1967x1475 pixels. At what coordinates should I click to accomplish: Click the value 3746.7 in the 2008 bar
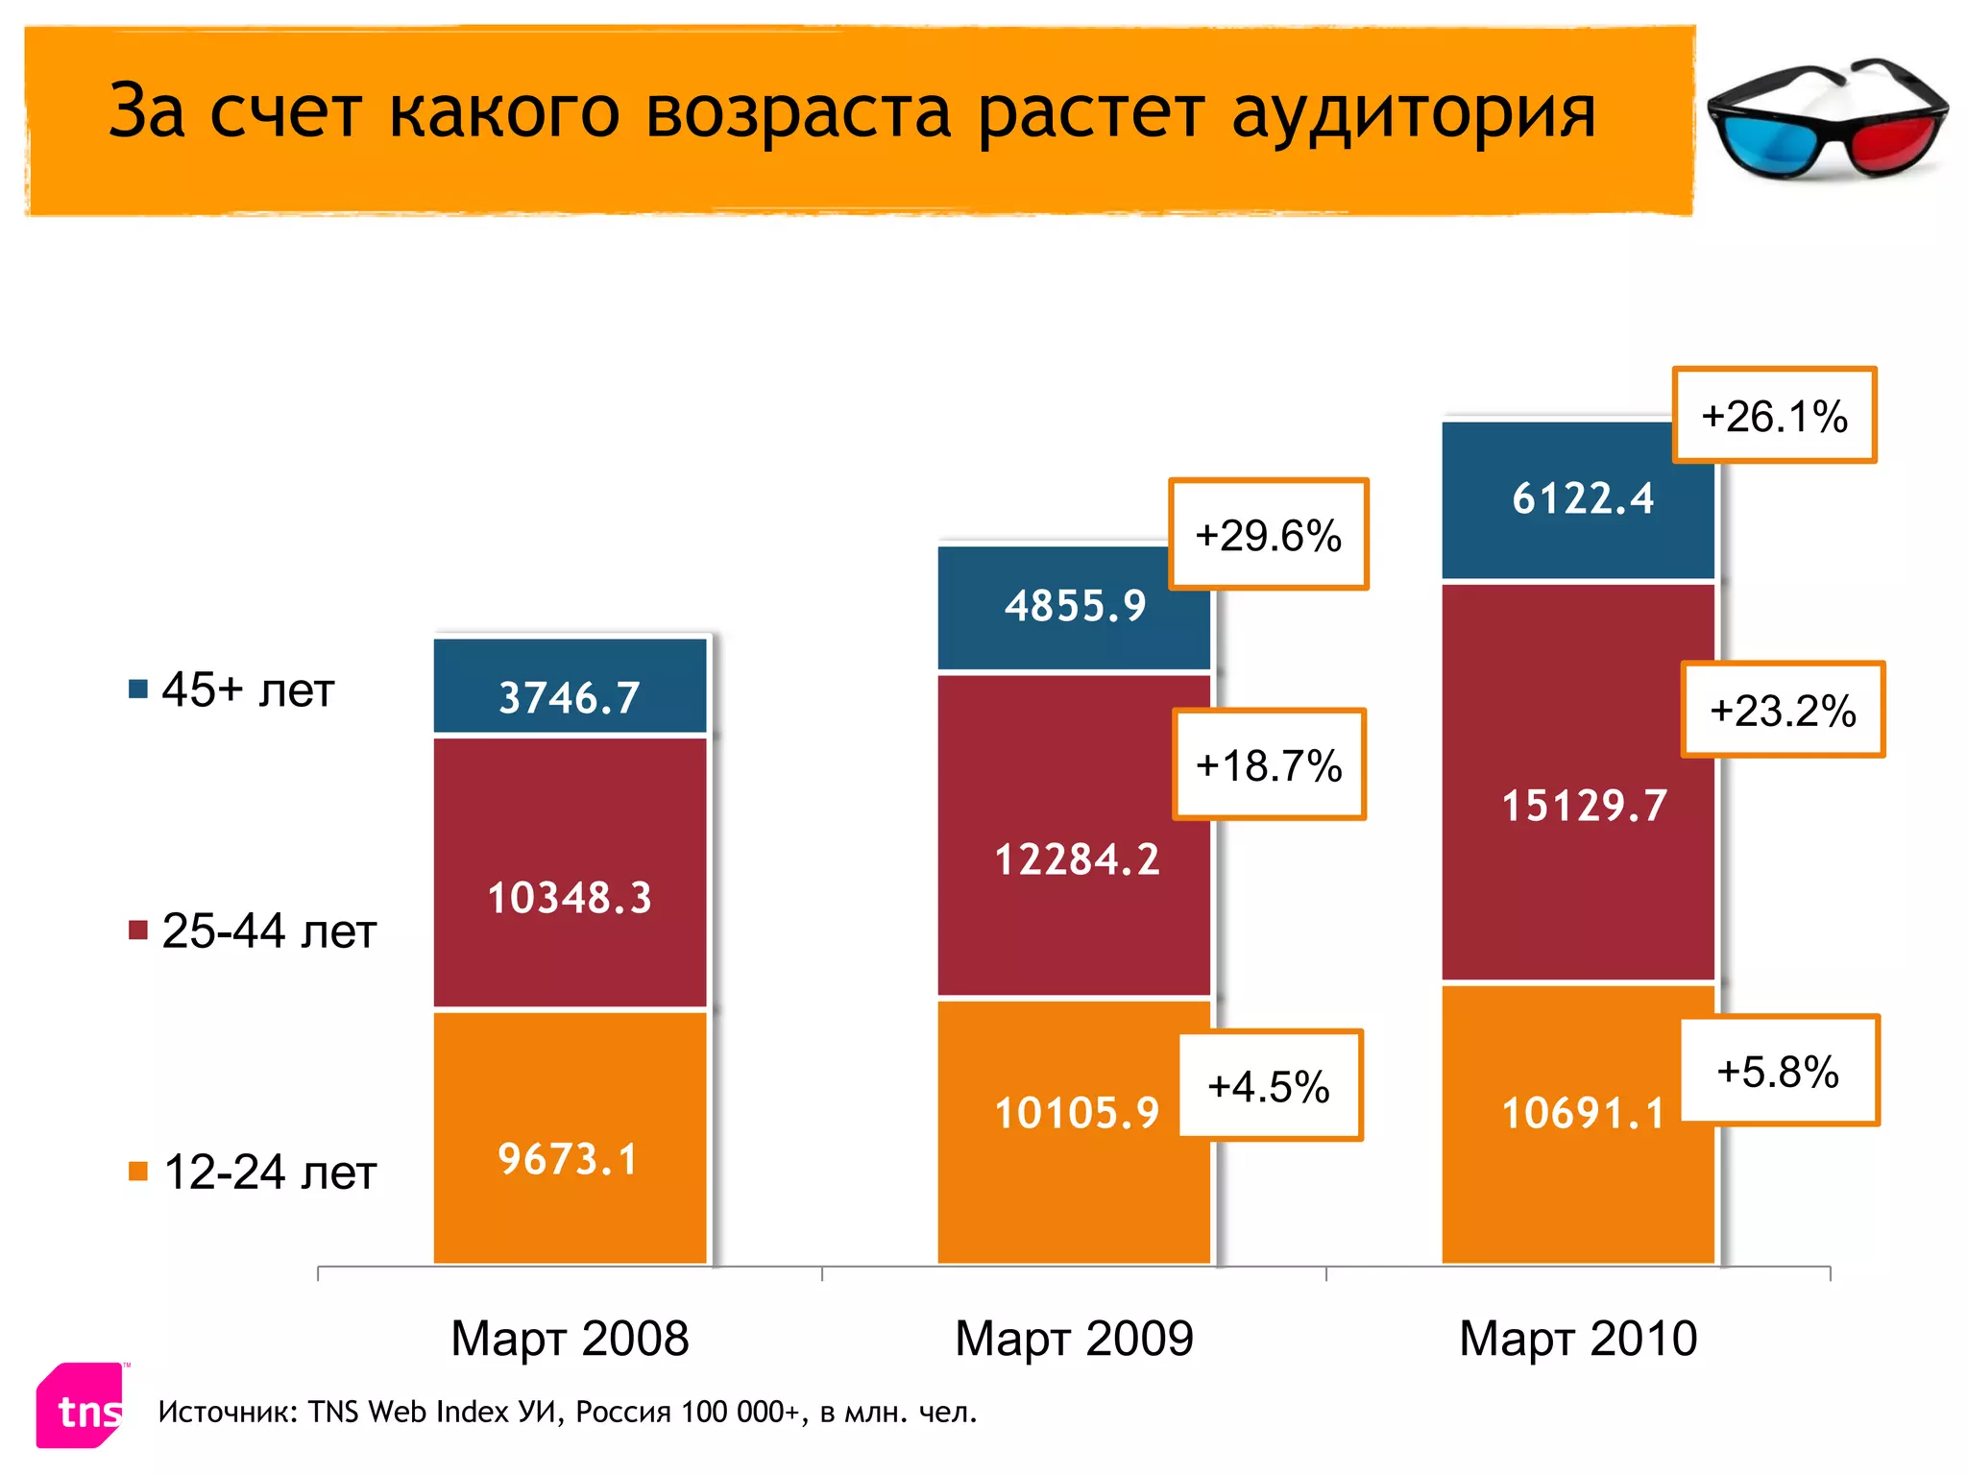coord(569,697)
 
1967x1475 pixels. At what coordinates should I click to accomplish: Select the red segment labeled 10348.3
coord(569,872)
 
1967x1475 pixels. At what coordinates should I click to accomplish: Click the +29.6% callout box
coord(1268,535)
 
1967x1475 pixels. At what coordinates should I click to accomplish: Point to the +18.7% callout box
coord(1268,765)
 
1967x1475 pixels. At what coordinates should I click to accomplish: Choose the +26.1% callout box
coord(1774,416)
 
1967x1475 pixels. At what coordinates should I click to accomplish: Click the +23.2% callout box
coord(1783,711)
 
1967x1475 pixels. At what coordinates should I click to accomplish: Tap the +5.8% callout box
coord(1778,1071)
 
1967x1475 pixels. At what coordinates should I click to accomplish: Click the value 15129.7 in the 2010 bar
coord(1584,805)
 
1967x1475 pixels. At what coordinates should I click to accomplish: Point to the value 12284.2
coord(1077,858)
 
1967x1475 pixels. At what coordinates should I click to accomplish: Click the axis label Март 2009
coord(1074,1338)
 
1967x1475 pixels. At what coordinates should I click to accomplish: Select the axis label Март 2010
coord(1578,1338)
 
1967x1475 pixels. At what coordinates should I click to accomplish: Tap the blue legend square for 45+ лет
coord(138,689)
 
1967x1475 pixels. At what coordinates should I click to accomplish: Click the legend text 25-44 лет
coord(268,931)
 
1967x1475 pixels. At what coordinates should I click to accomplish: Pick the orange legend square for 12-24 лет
coord(138,1171)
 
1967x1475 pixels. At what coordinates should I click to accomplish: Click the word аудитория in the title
coord(1413,112)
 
